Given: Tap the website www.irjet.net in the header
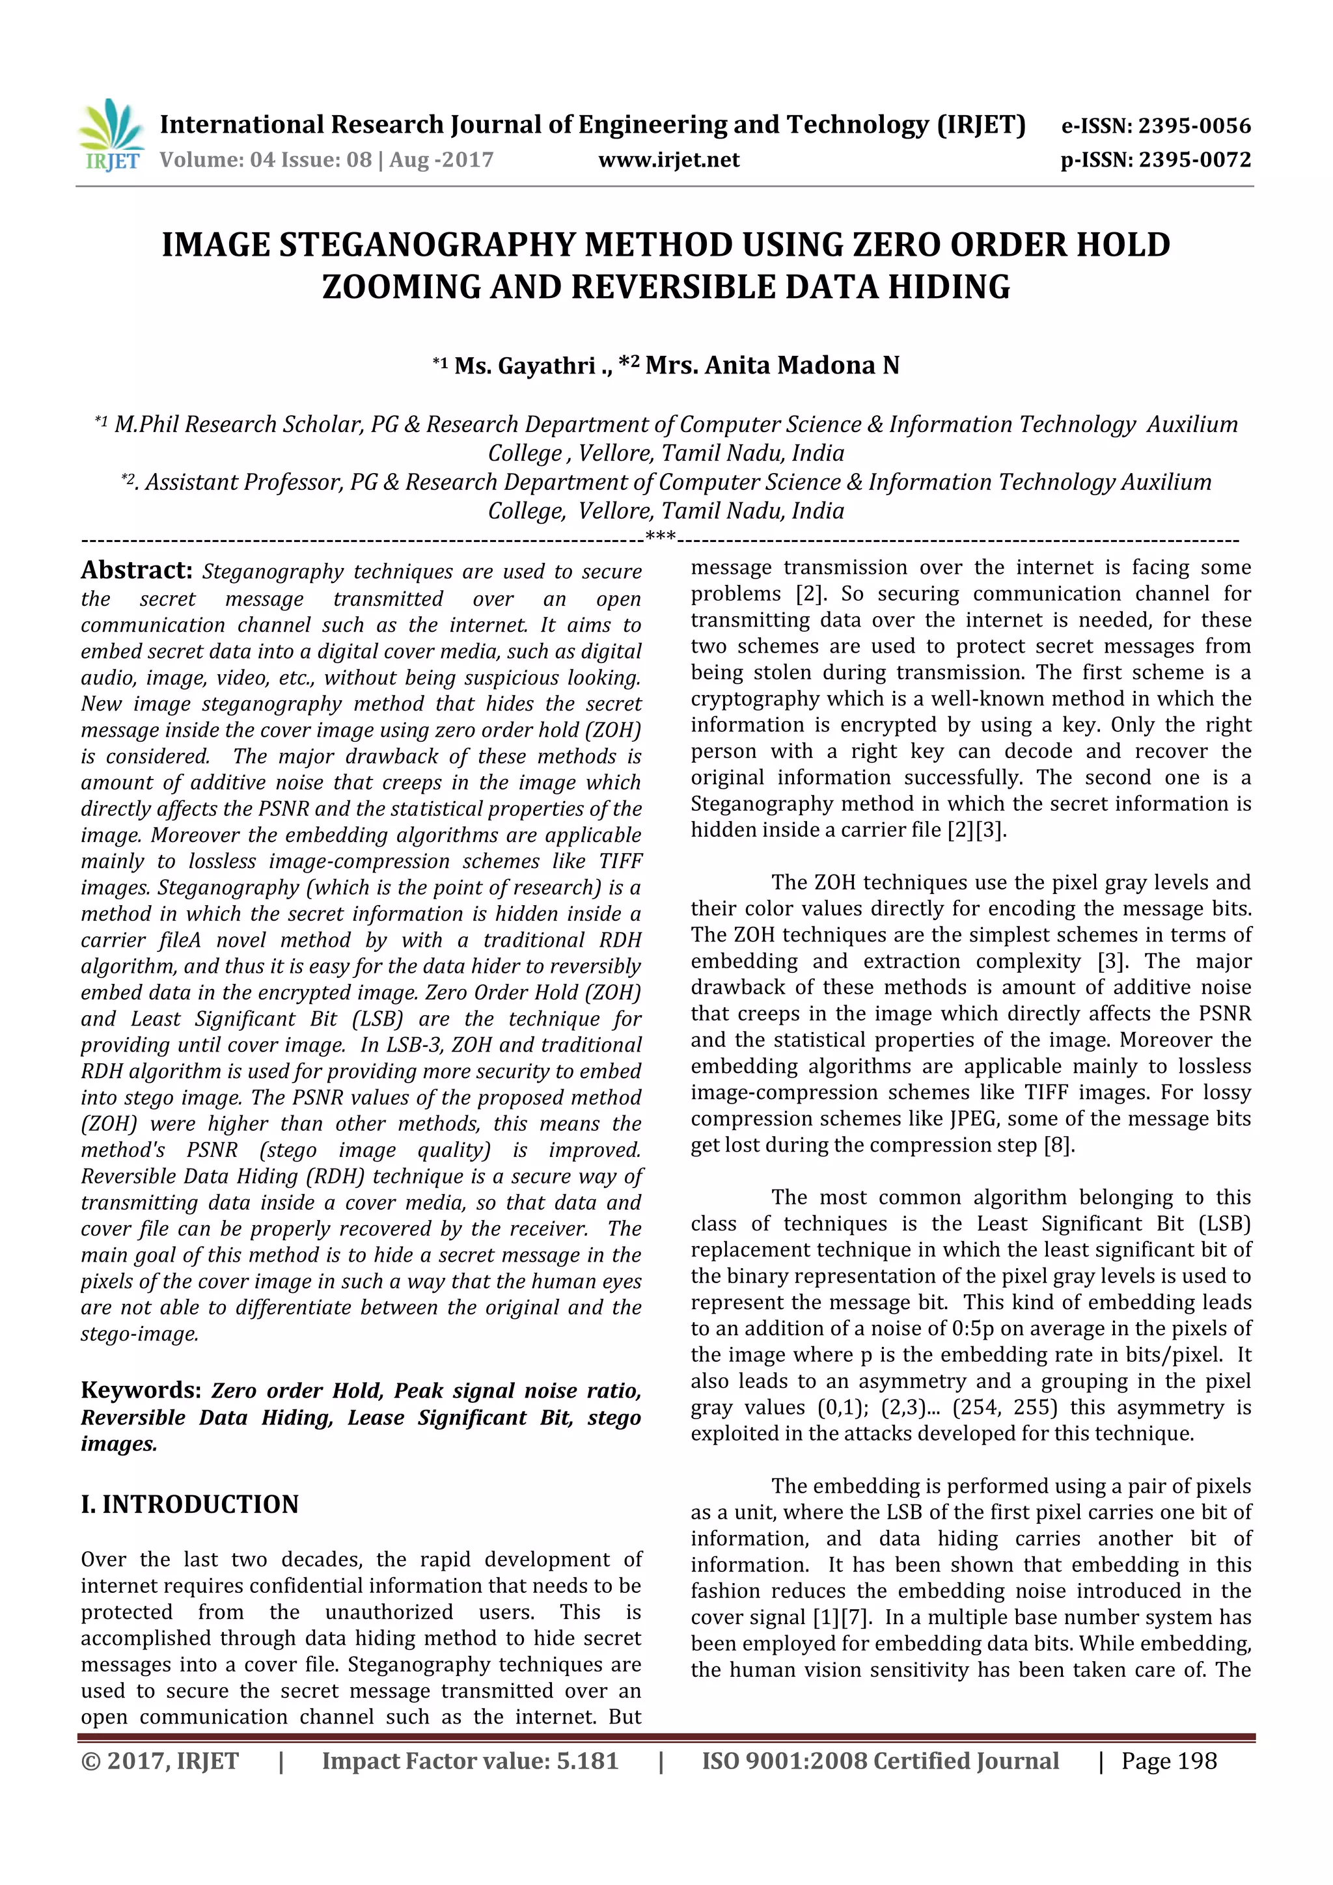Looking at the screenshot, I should (668, 159).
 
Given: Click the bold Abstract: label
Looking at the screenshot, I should (136, 570).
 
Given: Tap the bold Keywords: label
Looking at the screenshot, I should (141, 1390).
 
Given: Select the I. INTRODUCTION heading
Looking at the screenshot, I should (189, 1504).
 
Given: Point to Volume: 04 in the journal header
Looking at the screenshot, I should (217, 159).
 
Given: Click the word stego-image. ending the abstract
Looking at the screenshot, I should (140, 1333).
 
